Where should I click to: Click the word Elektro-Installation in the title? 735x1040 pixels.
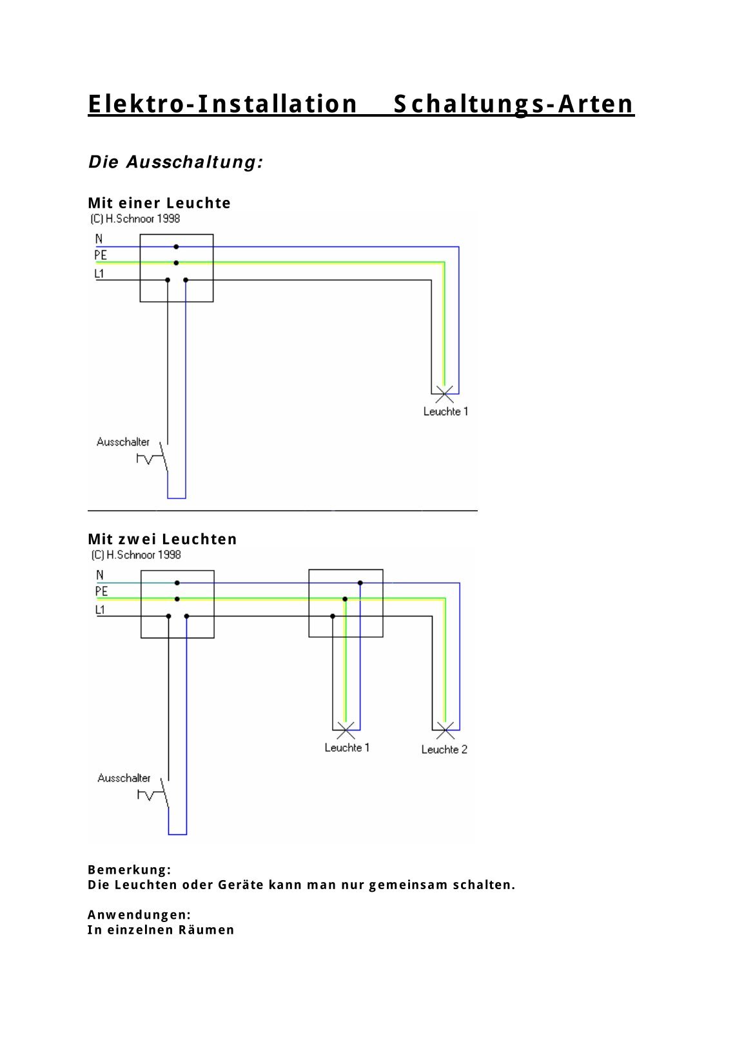pos(222,104)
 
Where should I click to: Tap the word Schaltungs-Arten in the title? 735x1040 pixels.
pos(513,104)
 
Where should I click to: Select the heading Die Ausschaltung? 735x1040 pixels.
pos(175,162)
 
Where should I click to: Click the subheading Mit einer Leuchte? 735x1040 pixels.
pos(159,203)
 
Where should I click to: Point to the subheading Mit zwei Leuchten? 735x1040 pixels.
pos(162,539)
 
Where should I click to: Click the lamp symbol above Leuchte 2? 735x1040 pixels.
pos(446,731)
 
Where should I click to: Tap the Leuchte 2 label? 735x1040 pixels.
pos(444,749)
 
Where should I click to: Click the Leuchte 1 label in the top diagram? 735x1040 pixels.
pos(446,411)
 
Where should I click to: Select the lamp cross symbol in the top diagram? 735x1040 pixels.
pos(444,394)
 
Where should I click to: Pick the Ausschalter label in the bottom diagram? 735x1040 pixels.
pos(124,778)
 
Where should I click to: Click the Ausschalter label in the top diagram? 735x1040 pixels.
pos(123,442)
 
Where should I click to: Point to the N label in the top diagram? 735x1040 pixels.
pos(99,239)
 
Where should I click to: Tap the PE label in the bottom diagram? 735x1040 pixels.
pos(101,591)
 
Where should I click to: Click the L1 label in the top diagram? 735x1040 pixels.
pos(99,274)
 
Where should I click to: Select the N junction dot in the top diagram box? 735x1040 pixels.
pos(176,247)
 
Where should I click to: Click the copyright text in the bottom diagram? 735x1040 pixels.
pos(136,555)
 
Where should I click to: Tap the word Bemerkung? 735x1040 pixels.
pos(130,870)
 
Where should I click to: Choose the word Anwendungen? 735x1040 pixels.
pos(139,915)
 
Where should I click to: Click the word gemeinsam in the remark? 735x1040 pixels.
pos(408,885)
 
